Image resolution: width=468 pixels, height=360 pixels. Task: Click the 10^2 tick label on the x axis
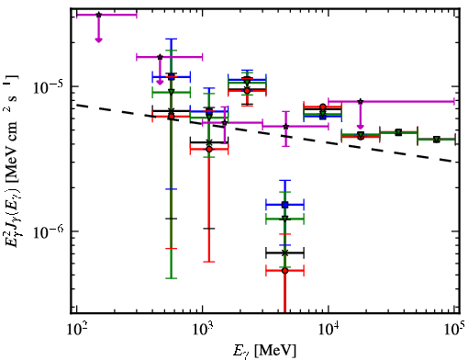(x=77, y=330)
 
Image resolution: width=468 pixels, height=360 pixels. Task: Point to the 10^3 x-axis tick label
(x=203, y=330)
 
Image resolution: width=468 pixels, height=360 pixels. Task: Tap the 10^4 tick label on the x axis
(x=329, y=330)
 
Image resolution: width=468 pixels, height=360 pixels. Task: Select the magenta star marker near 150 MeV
(x=98, y=15)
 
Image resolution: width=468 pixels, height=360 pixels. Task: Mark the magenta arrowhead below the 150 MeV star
(x=98, y=39)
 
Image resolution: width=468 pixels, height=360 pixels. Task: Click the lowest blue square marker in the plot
(x=285, y=205)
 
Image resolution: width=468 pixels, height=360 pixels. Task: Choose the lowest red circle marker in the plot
(x=285, y=271)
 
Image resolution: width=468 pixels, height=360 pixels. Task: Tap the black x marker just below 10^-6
(x=285, y=253)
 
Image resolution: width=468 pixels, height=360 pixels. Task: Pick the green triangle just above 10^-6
(x=285, y=219)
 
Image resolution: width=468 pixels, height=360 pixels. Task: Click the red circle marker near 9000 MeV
(x=323, y=107)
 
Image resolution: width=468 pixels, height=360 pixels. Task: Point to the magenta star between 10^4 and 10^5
(x=361, y=101)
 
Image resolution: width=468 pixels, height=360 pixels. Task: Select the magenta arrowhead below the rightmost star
(x=361, y=127)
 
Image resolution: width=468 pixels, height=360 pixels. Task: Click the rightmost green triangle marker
(x=437, y=140)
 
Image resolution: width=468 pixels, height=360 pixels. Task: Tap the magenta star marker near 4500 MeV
(x=286, y=126)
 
